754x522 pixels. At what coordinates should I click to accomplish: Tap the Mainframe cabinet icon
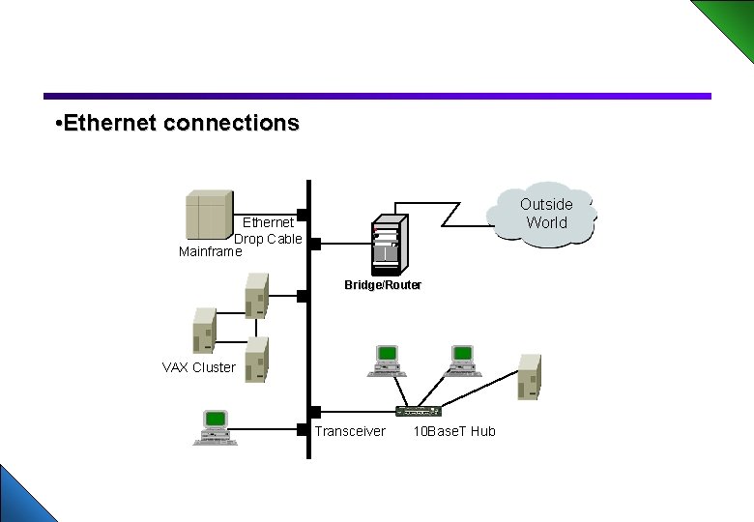209,215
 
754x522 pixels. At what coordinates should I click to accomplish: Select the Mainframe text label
211,252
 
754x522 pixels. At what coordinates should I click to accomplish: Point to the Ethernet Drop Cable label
268,231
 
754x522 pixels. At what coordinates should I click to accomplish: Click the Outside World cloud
543,214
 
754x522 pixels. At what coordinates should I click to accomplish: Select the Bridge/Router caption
383,285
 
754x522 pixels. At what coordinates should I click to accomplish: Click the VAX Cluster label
198,367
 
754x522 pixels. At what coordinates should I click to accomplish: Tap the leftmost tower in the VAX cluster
204,330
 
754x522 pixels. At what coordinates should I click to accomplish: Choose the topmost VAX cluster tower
256,295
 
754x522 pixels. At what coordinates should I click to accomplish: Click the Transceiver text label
349,431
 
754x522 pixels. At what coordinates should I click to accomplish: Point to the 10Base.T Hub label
453,431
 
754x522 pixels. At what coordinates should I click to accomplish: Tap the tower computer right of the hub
529,376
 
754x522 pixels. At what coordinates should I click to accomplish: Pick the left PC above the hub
386,360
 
